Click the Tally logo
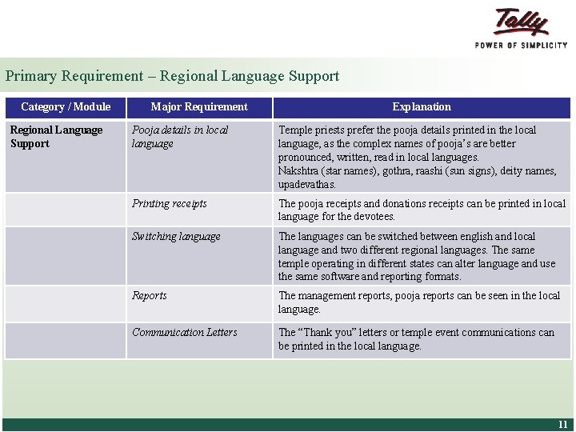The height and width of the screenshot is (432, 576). click(522, 22)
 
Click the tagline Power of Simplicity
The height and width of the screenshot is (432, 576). click(521, 45)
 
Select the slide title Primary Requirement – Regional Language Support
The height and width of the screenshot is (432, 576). click(172, 76)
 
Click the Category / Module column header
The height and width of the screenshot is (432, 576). click(66, 106)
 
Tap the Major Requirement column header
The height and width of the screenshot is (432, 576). click(199, 106)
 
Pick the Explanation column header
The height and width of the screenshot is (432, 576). click(422, 106)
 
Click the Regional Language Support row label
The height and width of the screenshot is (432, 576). click(56, 137)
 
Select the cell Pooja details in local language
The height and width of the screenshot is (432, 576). click(180, 137)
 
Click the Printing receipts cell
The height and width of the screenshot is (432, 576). click(170, 203)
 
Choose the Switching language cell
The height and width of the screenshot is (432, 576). click(176, 236)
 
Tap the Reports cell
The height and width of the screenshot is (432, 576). click(150, 295)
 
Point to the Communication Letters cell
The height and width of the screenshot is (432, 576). click(185, 332)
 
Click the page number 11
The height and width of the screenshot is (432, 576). click(562, 425)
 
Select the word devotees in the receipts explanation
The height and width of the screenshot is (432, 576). click(374, 217)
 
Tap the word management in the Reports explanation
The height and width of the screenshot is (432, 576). click(329, 295)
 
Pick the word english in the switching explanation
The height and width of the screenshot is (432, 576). click(477, 236)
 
